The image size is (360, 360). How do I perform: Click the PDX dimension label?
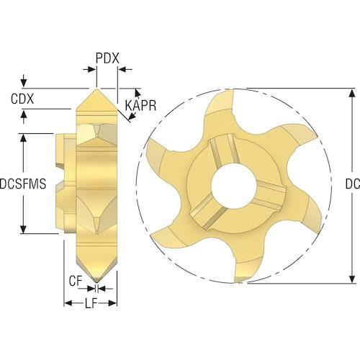107,58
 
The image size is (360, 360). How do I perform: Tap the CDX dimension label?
22,99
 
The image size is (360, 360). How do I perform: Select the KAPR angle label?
140,105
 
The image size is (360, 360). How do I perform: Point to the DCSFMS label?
23,184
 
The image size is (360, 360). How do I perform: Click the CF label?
76,281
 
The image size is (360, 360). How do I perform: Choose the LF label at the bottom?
91,304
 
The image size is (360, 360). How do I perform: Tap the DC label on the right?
353,184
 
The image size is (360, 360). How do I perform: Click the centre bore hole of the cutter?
233,184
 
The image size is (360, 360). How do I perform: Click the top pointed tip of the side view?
96,89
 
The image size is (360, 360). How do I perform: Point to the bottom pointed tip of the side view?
96,282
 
